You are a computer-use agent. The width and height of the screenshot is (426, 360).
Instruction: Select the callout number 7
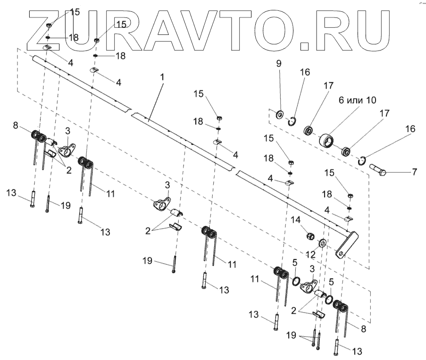point(414,172)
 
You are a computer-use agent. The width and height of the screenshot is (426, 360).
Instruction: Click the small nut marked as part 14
point(309,236)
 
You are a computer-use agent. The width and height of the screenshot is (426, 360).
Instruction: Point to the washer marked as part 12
point(323,243)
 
